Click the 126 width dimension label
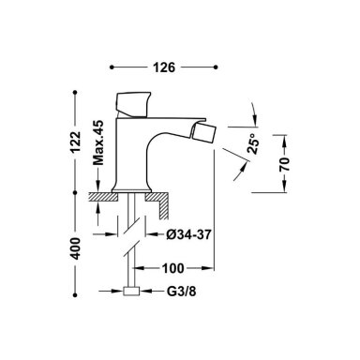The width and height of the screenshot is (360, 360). click(x=164, y=67)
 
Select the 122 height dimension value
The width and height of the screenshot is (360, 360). click(x=75, y=142)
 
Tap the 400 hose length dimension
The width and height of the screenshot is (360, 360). click(x=75, y=248)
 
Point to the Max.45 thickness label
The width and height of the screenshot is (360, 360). click(x=98, y=142)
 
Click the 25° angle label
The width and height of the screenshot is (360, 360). click(x=253, y=143)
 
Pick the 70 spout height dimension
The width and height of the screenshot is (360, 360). click(x=285, y=164)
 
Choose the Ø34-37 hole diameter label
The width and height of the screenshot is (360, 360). click(x=189, y=234)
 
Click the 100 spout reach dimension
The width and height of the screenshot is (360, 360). click(x=172, y=268)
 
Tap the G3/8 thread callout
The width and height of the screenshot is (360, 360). click(x=182, y=292)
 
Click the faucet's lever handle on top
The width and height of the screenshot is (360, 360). click(x=132, y=105)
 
